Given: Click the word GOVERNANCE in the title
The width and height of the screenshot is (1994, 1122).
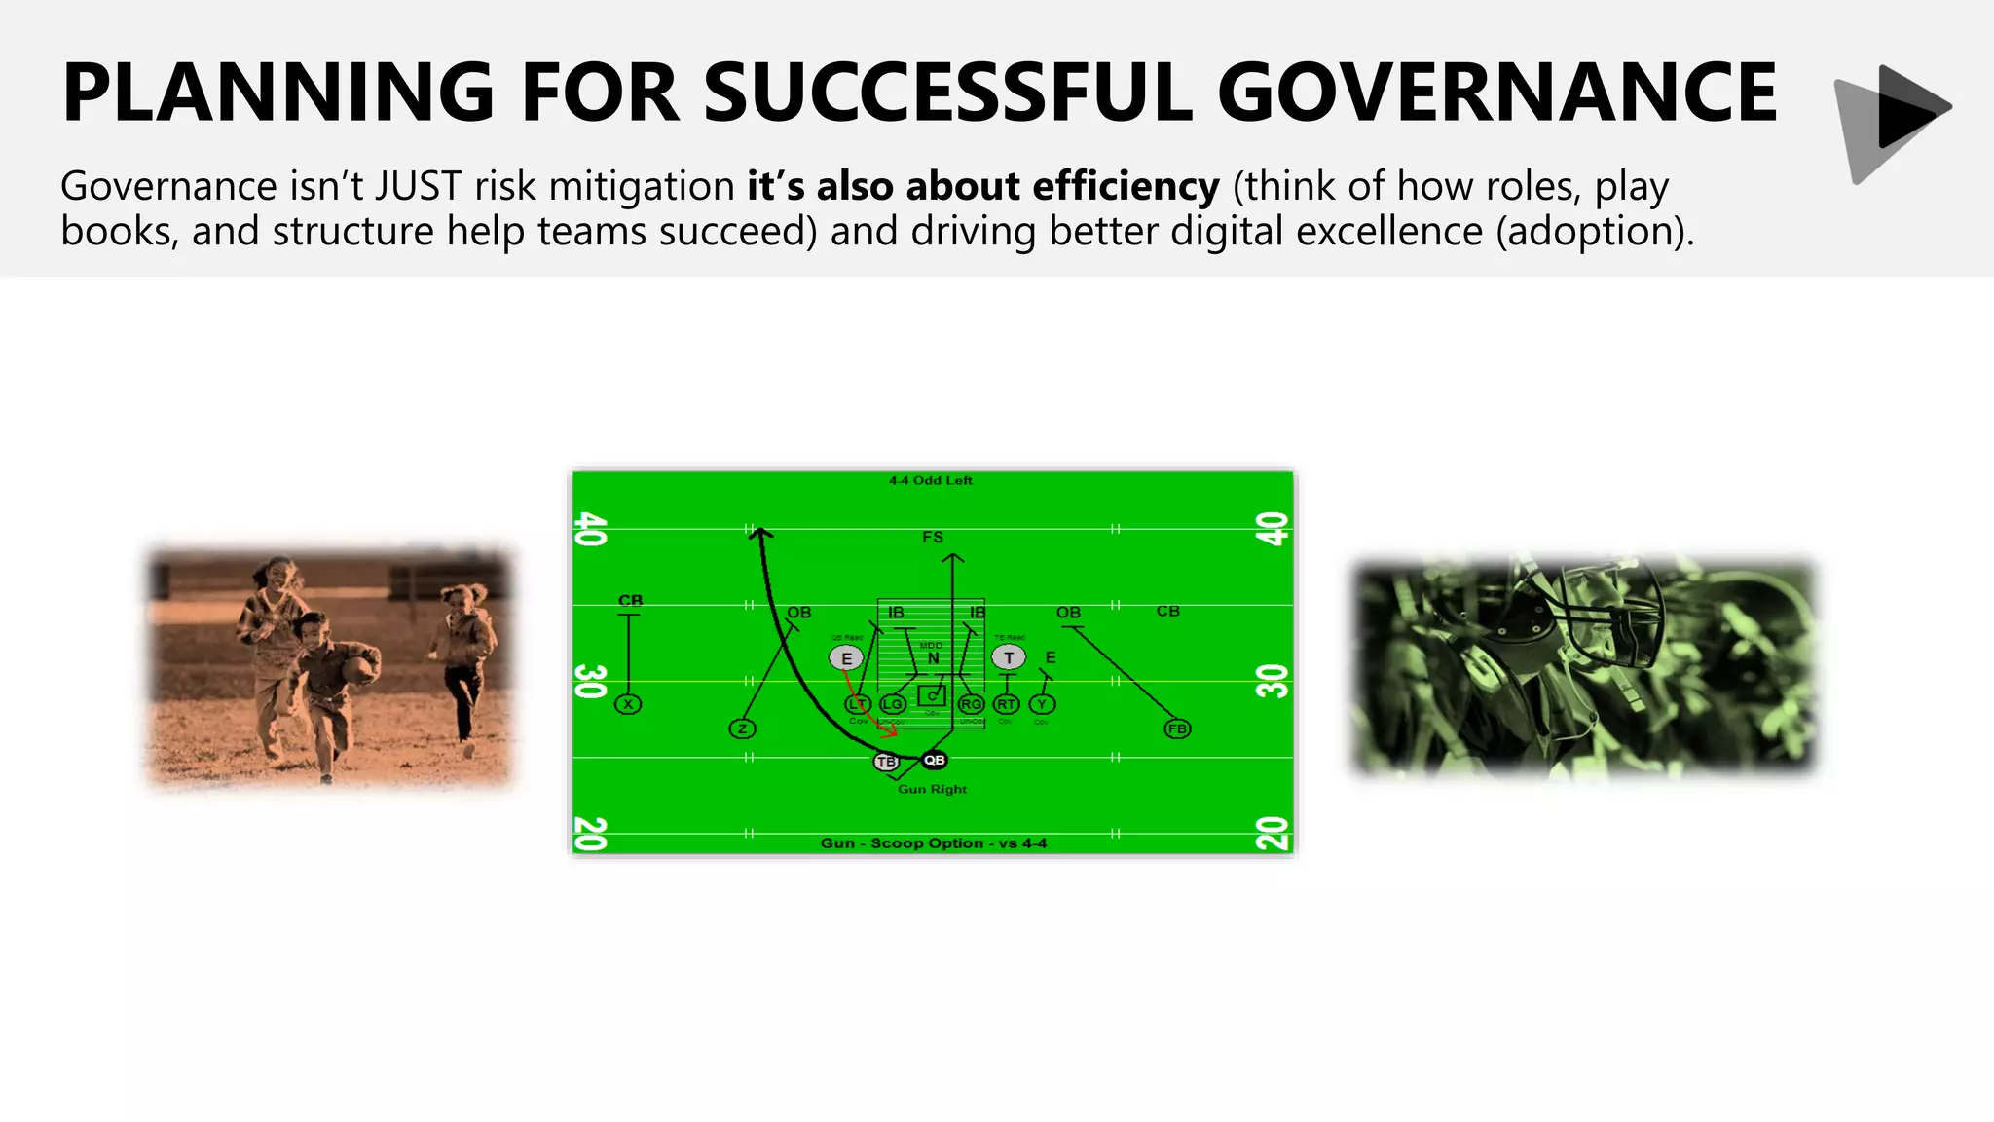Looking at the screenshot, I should (x=1496, y=93).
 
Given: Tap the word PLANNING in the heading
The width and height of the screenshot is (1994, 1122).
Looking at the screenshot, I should (x=278, y=93).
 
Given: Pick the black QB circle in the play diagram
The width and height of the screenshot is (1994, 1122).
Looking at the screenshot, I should (x=934, y=760).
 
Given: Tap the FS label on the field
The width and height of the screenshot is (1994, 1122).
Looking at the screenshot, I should (x=933, y=537).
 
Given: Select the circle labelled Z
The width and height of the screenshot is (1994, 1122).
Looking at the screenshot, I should (x=742, y=729).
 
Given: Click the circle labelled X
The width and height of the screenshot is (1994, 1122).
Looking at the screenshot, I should (x=628, y=704).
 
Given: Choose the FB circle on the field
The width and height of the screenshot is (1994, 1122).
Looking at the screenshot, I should (x=1177, y=729).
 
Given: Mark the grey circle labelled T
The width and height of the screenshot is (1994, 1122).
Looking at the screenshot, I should (x=1009, y=658).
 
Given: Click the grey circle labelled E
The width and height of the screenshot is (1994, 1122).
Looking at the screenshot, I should (x=846, y=658).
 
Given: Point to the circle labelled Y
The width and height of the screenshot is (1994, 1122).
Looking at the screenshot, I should (x=1042, y=704).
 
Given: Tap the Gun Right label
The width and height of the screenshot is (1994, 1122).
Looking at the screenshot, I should (x=932, y=789).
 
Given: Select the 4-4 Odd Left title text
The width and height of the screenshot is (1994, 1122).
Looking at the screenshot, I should (x=930, y=480).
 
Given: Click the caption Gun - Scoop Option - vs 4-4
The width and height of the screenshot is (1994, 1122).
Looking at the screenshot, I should (x=933, y=843).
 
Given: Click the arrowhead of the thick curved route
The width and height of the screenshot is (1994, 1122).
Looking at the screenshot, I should (x=761, y=533).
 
